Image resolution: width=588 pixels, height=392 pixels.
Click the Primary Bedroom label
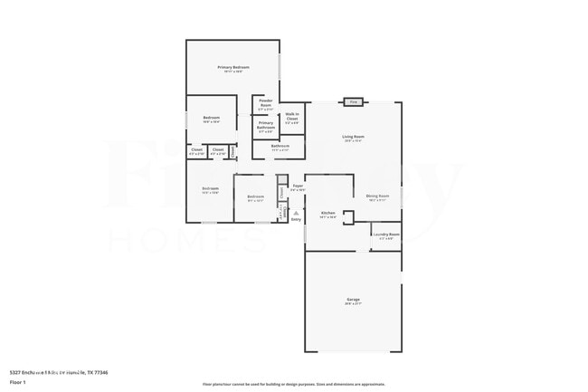(x=232, y=68)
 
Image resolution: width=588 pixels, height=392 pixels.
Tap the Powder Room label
(x=266, y=101)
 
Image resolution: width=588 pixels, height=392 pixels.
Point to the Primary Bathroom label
(x=266, y=126)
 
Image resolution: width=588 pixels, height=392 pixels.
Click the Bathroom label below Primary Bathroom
(x=280, y=147)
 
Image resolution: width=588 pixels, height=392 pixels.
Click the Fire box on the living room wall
(x=353, y=102)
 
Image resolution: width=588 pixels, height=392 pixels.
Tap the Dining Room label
(x=377, y=196)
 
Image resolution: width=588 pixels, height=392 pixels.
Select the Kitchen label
(x=327, y=214)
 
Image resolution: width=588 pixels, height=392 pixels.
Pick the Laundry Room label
(x=386, y=234)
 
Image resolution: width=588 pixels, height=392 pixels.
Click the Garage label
(x=353, y=300)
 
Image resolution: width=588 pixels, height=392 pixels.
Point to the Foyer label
(x=298, y=186)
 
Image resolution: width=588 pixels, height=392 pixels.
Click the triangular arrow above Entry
(x=296, y=213)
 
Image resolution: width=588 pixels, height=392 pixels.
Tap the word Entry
(x=296, y=219)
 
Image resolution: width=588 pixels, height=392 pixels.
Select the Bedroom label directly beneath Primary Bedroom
(x=212, y=119)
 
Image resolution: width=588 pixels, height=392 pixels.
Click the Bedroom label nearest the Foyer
(x=256, y=197)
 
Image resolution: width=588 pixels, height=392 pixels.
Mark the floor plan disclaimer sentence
(x=294, y=385)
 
